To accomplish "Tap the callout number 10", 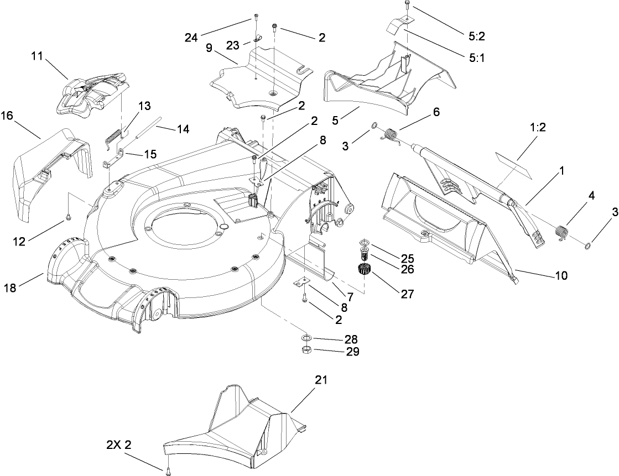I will pyautogui.click(x=561, y=275).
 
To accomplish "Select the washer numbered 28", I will pyautogui.click(x=305, y=337).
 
